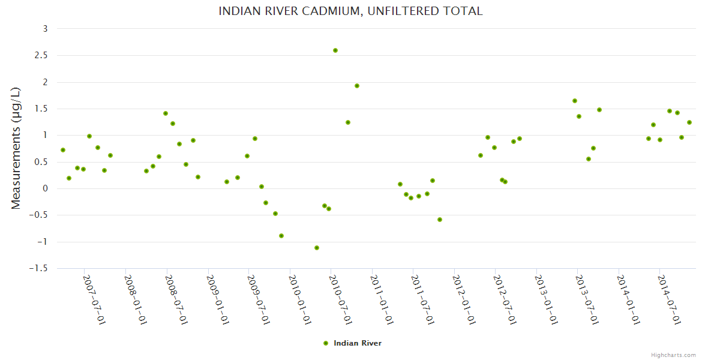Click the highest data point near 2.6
click(x=335, y=50)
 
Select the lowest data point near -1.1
click(x=317, y=248)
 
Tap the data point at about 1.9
click(x=357, y=86)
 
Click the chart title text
click(x=350, y=11)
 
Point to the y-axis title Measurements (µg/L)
click(x=16, y=148)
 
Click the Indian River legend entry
click(x=357, y=343)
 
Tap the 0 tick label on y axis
click(x=45, y=188)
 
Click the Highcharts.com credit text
click(x=673, y=355)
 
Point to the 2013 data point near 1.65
click(x=575, y=101)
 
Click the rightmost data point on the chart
click(x=689, y=122)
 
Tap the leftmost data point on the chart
click(x=63, y=150)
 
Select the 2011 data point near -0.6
click(x=440, y=220)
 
